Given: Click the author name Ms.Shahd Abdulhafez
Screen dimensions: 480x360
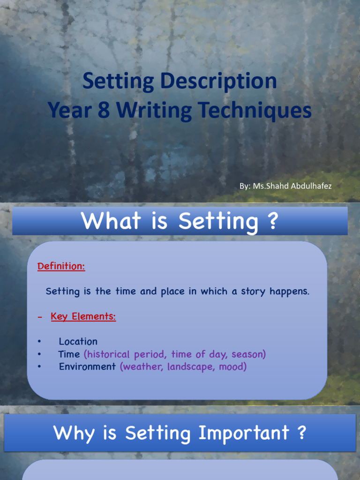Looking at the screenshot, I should pos(292,186).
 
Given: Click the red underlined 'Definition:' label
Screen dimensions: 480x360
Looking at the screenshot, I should pos(61,266).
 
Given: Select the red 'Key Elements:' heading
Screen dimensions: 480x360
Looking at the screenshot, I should pos(83,316).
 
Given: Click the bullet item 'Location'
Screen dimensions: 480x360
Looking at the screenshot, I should pos(78,342).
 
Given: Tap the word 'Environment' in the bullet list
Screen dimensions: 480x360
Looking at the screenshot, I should pos(87,367).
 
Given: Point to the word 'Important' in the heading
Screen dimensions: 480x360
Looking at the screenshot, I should pos(244,433).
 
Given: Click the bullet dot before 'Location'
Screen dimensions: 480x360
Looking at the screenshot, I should pos(39,342).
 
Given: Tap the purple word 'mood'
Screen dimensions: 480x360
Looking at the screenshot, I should pos(231,367).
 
